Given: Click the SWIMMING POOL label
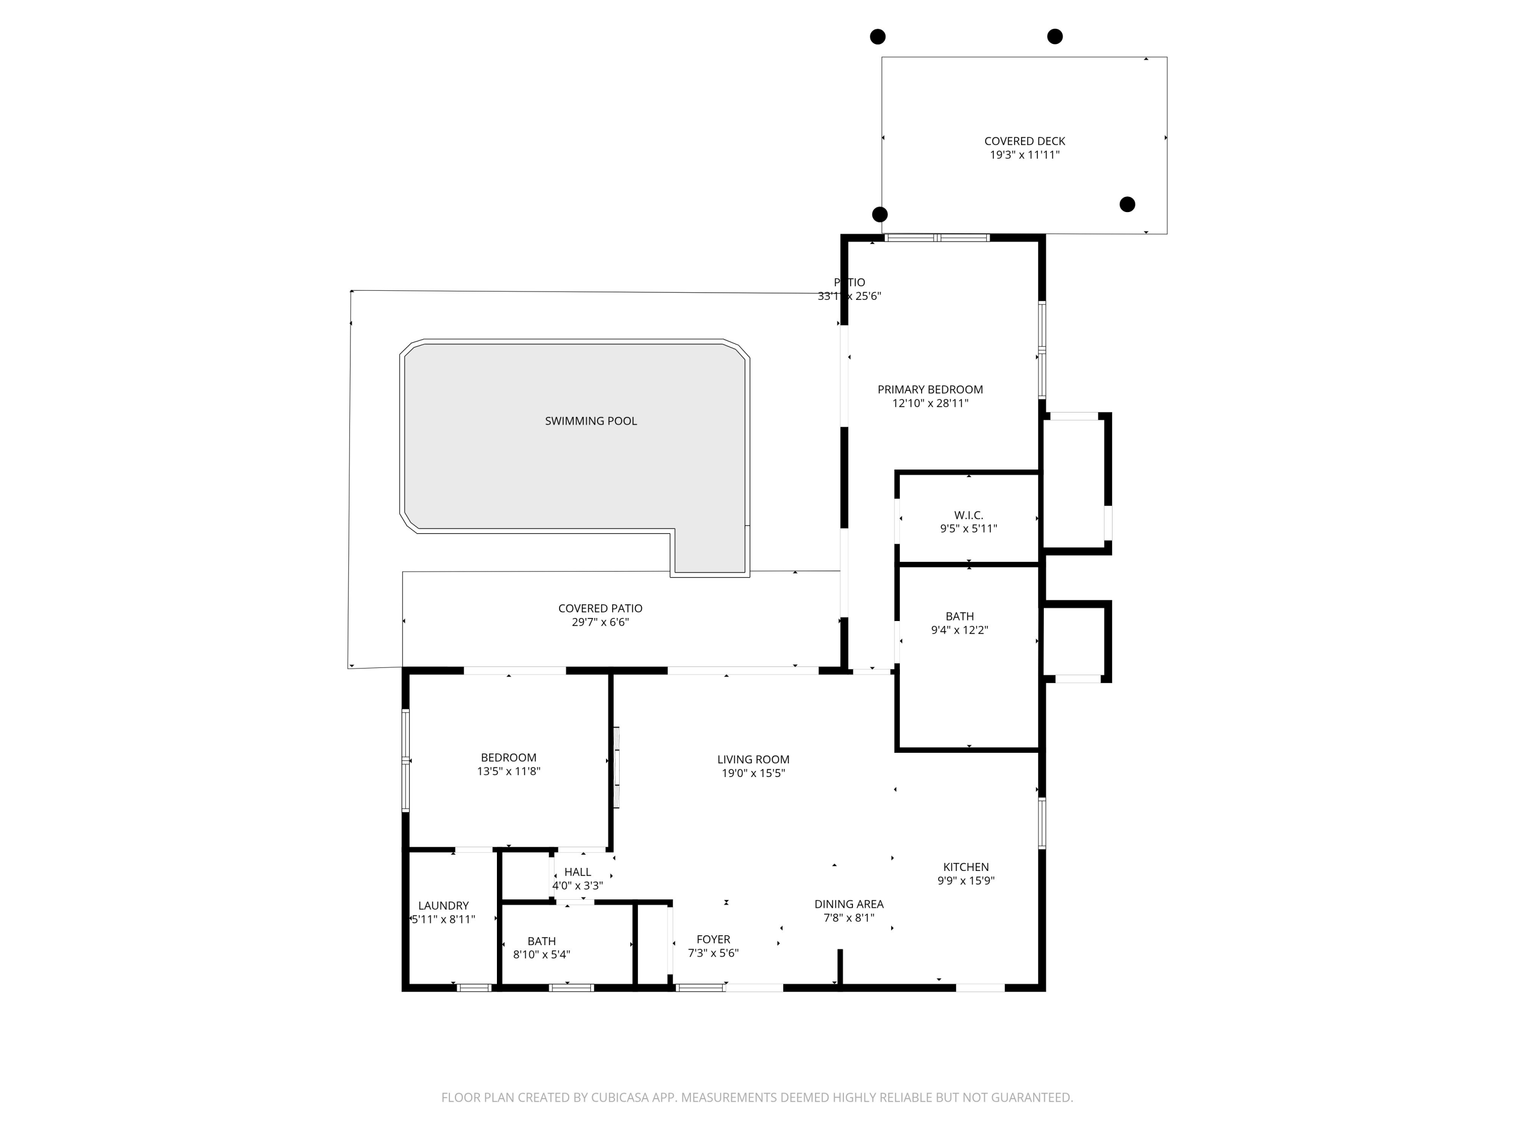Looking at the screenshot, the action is [x=590, y=421].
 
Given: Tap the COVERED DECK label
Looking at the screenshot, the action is [x=1025, y=141].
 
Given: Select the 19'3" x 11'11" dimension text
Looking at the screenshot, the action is [x=1025, y=155].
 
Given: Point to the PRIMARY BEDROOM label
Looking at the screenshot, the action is [x=930, y=390].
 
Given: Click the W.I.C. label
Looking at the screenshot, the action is [x=969, y=515].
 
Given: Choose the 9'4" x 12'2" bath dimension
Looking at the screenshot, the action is [x=959, y=630].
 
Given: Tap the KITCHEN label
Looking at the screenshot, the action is [x=966, y=867].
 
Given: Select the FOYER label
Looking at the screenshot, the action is [x=713, y=940].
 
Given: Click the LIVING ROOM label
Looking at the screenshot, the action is [x=753, y=759].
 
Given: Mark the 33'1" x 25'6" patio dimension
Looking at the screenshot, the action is [x=849, y=296].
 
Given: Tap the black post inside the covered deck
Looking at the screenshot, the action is [x=1127, y=204].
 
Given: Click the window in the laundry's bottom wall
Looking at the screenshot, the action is [x=474, y=988].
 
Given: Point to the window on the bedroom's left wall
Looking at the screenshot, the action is [x=406, y=760].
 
